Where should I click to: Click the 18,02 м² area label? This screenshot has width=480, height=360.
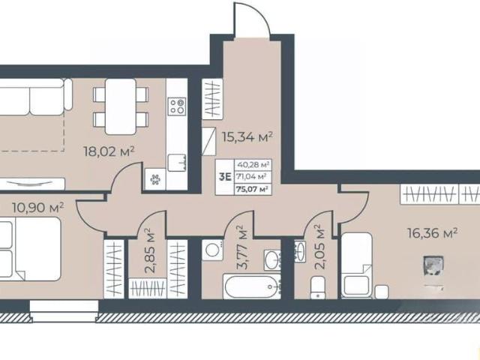click(x=109, y=151)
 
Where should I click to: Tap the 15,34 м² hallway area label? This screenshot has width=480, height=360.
click(x=247, y=136)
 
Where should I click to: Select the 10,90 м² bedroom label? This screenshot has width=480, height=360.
click(x=38, y=208)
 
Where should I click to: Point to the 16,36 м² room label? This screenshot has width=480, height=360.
click(x=432, y=233)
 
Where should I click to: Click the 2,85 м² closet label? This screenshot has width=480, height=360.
click(x=149, y=250)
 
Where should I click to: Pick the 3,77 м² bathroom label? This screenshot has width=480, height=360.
click(x=243, y=247)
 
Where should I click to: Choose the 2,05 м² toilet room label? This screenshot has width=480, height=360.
click(x=319, y=247)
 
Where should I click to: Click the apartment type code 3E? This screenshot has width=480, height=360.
click(x=225, y=177)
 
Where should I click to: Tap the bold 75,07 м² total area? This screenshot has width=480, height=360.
click(x=253, y=189)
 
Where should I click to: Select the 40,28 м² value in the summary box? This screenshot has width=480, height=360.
click(x=253, y=165)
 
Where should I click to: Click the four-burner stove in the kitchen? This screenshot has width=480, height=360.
click(x=177, y=106)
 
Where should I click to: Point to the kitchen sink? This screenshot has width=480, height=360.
click(x=177, y=163)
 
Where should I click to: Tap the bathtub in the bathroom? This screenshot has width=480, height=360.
click(x=252, y=286)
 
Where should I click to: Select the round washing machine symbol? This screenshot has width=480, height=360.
click(x=212, y=250)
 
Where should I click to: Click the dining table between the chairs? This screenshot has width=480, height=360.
click(x=121, y=106)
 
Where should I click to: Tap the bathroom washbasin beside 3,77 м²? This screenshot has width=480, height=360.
click(x=272, y=260)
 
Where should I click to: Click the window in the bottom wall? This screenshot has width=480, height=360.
click(x=64, y=310)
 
